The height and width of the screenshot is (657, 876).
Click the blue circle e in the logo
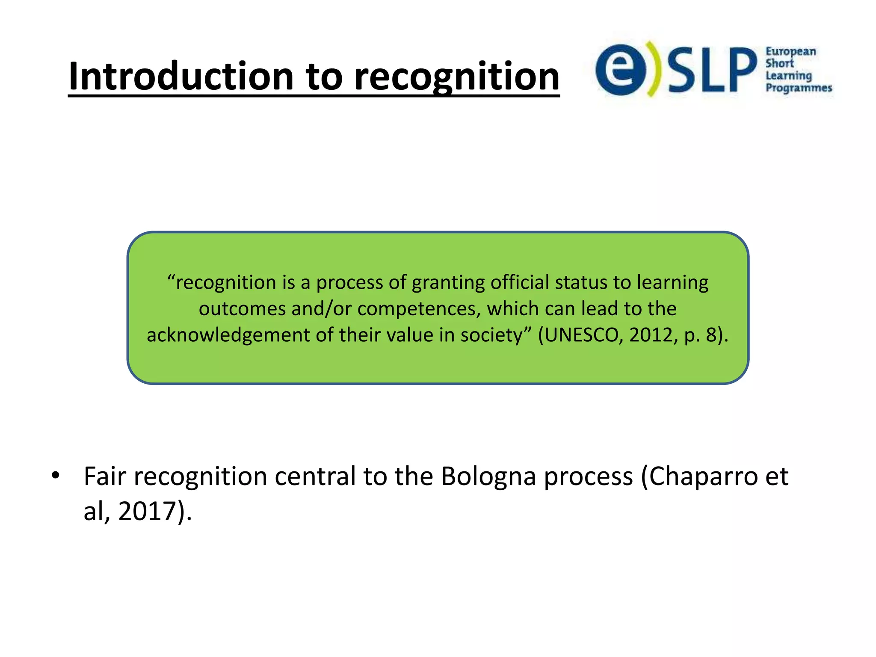pyautogui.click(x=620, y=70)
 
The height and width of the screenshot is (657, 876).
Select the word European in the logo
pyautogui.click(x=790, y=52)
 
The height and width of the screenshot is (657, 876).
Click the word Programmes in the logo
pyautogui.click(x=799, y=88)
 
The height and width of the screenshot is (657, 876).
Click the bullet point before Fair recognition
pyautogui.click(x=55, y=475)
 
